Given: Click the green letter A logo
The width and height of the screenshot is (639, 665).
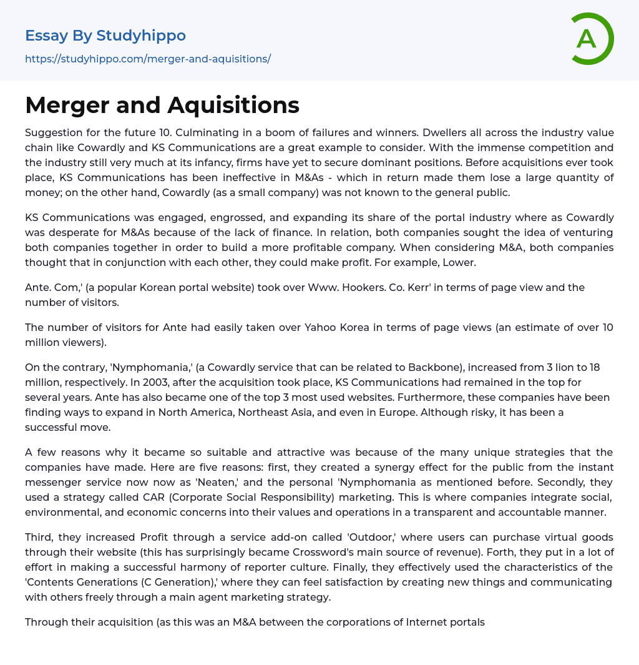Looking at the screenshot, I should tap(592, 39).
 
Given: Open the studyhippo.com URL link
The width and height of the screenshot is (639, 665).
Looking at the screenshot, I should tap(148, 59).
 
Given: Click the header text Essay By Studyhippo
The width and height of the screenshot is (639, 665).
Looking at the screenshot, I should tap(105, 36).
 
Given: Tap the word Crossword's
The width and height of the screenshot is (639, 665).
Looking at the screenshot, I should tap(372, 552).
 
